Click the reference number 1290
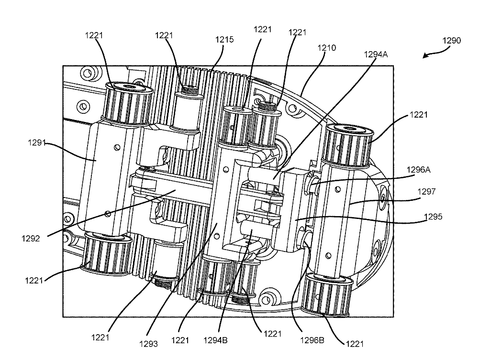pos(451,41)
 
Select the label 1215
pos(224,40)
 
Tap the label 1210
pos(326,48)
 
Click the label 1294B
pos(217,341)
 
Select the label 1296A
pos(420,169)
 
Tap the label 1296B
pos(312,341)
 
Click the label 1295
pos(433,217)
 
